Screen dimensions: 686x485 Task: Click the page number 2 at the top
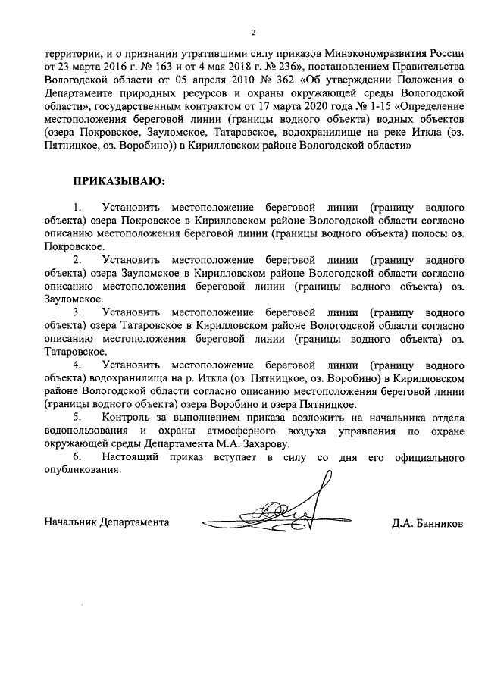[x=254, y=33]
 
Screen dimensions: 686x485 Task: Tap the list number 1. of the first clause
[x=77, y=207]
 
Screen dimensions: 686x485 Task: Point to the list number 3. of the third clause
[x=77, y=312]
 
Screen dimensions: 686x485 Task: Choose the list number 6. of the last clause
[x=77, y=456]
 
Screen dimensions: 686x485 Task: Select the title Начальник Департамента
[x=107, y=523]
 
